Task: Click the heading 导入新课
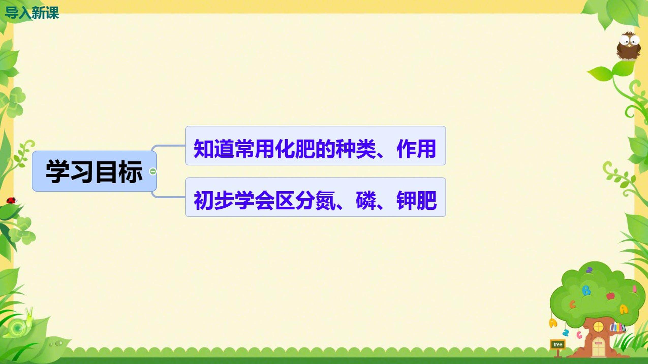coord(32,13)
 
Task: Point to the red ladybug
coord(11,201)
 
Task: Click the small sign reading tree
coord(558,344)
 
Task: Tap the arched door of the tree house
coord(599,346)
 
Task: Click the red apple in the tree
coord(610,295)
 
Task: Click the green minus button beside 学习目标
coord(153,171)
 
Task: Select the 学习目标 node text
coord(94,172)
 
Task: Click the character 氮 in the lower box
coord(326,200)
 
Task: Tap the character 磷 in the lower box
coord(366,200)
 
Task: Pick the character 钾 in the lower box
coord(407,200)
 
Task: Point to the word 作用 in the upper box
coord(416,149)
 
